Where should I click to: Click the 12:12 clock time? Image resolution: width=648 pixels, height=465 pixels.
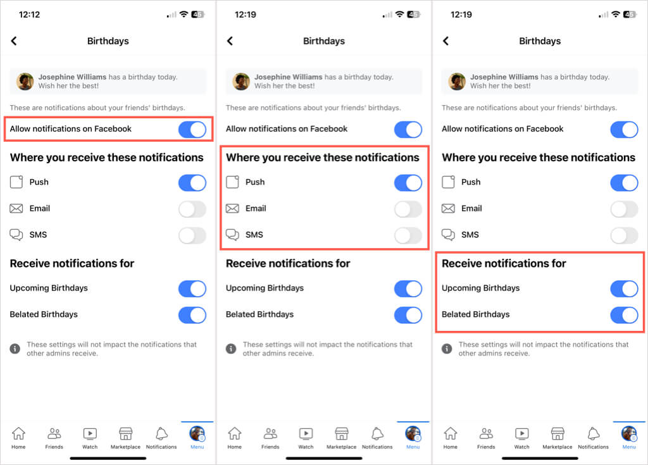tap(29, 15)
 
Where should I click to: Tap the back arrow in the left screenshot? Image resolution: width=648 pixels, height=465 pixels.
tap(14, 41)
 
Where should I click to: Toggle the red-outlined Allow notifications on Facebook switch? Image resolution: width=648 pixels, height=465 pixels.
tap(192, 129)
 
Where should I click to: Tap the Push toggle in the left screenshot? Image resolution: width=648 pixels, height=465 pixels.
tap(192, 183)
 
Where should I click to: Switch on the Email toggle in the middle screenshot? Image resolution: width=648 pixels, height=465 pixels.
tap(408, 209)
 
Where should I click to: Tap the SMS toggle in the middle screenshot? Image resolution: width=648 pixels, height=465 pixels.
tap(408, 235)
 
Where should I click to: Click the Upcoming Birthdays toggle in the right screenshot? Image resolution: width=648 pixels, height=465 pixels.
tap(624, 289)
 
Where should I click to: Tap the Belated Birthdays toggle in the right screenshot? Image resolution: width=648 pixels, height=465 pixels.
tap(624, 315)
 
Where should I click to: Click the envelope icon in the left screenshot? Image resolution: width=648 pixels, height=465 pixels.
tap(16, 208)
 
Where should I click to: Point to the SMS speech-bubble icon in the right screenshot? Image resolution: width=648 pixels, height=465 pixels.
tap(449, 235)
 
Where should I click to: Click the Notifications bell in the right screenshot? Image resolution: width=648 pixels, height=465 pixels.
tap(594, 433)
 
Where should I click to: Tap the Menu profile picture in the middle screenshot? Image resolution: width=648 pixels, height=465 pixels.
tap(413, 434)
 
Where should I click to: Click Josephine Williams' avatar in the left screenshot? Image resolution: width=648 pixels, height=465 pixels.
tap(25, 82)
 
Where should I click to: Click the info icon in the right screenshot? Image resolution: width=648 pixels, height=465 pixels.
tap(447, 349)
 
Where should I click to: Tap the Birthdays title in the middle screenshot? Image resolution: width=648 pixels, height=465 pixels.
tap(324, 41)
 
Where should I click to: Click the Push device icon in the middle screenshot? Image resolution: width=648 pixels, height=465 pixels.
tap(232, 182)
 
